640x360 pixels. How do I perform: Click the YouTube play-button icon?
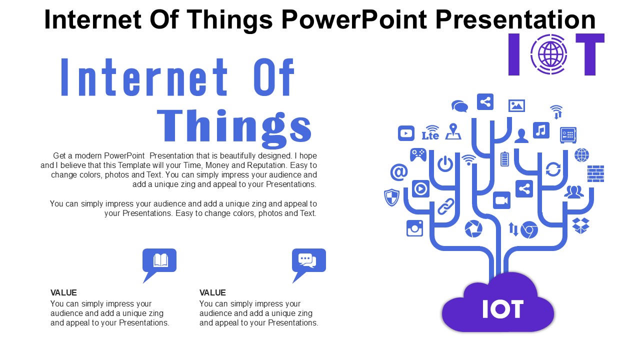point(406,133)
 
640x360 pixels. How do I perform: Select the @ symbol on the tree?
point(398,172)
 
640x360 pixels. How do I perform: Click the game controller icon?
point(418,154)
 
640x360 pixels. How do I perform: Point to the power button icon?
point(444,163)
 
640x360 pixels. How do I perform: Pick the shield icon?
point(391,197)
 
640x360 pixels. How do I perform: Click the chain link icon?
point(445,206)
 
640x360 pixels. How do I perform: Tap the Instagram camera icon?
point(414,228)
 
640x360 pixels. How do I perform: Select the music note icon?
point(541,130)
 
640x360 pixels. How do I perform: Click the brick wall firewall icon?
point(595,173)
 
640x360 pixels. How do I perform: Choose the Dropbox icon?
point(580,225)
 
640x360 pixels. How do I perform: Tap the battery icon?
point(504,159)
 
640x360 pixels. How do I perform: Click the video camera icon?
point(501,200)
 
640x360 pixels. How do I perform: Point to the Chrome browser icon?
point(528,230)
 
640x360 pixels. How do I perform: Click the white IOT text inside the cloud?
point(502,309)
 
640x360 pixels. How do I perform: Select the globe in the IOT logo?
point(549,54)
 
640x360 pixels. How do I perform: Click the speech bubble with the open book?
point(159,261)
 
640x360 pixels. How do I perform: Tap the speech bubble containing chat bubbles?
point(308,260)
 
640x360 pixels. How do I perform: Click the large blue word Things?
point(234,125)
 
